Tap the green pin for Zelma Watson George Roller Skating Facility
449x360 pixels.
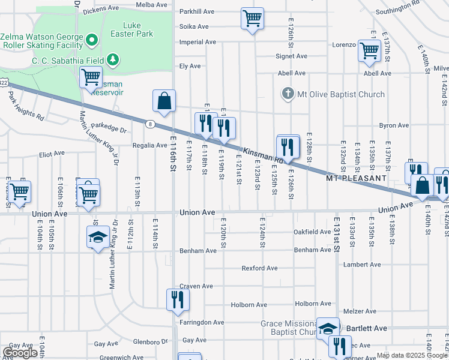click(x=91, y=41)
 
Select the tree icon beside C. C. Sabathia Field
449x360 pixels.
click(x=112, y=59)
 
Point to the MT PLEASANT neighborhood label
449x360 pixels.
click(x=357, y=178)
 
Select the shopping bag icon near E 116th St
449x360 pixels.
click(x=164, y=102)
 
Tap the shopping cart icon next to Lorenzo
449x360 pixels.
click(x=369, y=51)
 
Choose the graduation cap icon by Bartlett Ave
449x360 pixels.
click(x=328, y=328)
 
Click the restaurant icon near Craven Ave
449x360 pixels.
click(x=176, y=299)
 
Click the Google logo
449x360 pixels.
click(x=20, y=353)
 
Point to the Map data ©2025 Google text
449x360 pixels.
click(x=412, y=355)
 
